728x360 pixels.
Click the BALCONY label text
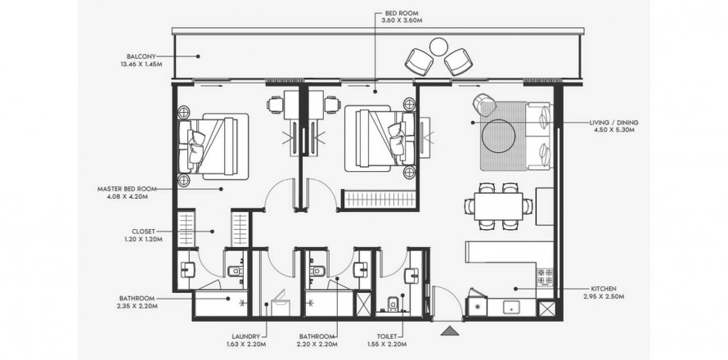142,56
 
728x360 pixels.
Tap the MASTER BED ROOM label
127,189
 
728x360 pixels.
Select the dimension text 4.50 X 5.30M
613,130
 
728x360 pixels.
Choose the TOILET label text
387,336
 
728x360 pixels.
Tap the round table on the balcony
438,47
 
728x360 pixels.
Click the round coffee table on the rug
498,136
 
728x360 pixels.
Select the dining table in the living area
498,206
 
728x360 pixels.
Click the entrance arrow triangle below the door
449,331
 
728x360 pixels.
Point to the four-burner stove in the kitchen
545,277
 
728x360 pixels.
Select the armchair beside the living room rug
485,105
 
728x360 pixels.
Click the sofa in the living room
538,136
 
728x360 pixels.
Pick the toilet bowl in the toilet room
393,304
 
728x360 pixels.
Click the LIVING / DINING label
613,123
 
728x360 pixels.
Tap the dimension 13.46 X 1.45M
142,64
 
